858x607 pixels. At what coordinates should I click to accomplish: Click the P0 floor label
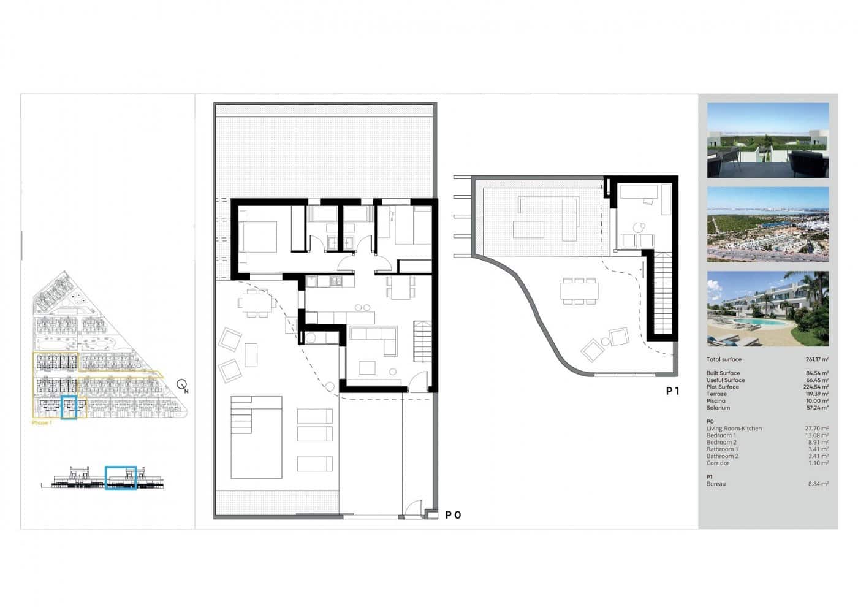point(453,515)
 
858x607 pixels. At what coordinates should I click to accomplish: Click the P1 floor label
point(672,391)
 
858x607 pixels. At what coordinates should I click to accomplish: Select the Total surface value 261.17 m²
point(817,359)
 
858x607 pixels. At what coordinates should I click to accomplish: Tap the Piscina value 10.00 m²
point(817,401)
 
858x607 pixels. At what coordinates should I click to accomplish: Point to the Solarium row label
point(718,408)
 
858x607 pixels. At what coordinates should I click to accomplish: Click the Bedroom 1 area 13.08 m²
point(817,435)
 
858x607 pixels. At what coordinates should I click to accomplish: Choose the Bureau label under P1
point(716,484)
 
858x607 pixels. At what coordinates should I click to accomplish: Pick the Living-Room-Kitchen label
point(734,429)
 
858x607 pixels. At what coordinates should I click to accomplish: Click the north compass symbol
point(182,386)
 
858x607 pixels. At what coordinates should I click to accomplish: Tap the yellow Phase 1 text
point(42,422)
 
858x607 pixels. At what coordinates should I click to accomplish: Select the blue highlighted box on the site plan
point(69,408)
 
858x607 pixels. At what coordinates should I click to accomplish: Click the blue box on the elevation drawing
point(121,478)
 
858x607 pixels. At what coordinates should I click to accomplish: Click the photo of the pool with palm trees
point(767,309)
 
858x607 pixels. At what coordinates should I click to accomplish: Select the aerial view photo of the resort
point(767,224)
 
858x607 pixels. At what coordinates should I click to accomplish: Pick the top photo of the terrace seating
point(767,140)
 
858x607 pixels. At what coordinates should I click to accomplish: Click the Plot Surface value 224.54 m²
point(817,387)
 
